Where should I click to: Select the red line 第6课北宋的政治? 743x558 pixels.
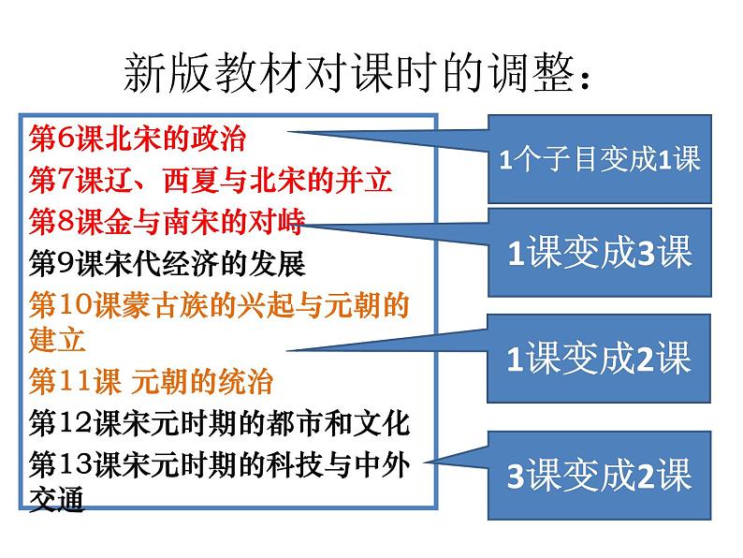pos(138,139)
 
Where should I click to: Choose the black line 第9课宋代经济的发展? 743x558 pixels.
pos(168,263)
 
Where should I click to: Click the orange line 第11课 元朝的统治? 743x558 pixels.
pos(152,382)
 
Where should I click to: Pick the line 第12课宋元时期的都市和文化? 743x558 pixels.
pos(220,423)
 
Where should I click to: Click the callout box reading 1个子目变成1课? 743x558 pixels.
pos(599,159)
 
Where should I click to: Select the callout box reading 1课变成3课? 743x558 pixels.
pos(599,254)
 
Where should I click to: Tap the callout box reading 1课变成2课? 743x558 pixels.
pos(599,358)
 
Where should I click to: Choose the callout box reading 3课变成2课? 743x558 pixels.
pos(599,476)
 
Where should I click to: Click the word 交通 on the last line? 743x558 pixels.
pos(57,501)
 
